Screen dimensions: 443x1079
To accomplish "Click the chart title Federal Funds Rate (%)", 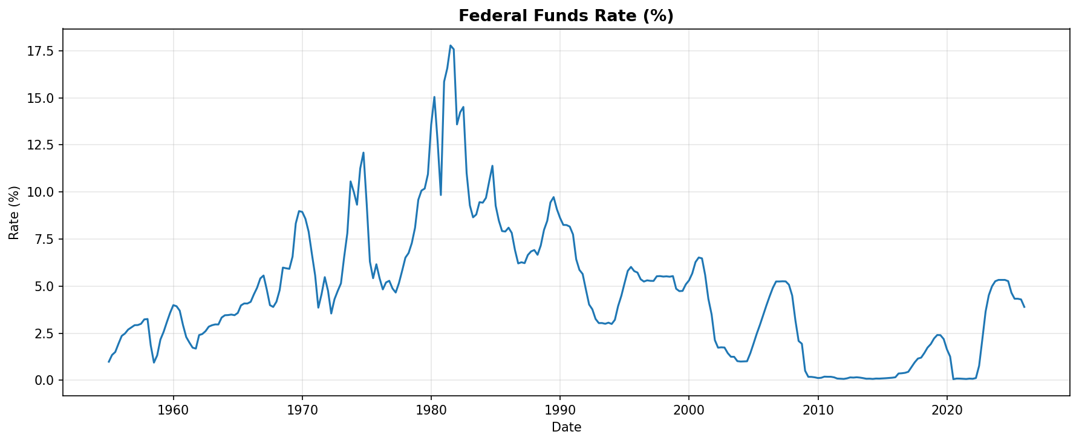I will point(566,16).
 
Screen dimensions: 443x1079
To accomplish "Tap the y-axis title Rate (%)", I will point(15,212).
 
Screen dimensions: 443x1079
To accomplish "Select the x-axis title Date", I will point(566,427).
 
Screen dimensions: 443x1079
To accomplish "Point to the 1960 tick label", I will point(174,410).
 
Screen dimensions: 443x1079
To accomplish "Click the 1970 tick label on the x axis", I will point(302,410).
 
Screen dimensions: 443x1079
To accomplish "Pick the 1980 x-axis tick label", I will point(431,410).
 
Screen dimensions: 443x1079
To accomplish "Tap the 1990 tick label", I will point(560,410).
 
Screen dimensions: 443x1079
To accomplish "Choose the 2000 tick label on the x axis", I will point(689,410).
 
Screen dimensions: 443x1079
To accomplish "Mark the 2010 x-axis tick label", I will point(818,410).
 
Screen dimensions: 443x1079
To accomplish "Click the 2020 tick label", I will point(947,410).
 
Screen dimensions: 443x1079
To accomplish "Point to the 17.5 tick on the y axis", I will point(42,51).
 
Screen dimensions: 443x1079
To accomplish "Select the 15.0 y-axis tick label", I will point(42,98).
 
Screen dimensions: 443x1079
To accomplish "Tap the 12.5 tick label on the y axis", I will point(42,145).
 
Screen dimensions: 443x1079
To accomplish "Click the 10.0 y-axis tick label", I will point(42,192).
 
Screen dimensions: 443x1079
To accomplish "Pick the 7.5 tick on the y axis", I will point(45,239).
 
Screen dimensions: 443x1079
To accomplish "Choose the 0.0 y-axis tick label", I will point(45,380).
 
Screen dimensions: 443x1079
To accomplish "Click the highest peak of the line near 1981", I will point(451,45).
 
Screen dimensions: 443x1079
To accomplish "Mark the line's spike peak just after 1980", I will point(434,96).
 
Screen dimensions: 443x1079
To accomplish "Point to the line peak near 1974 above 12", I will point(363,153).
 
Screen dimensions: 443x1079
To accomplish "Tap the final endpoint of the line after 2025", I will point(1024,307).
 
